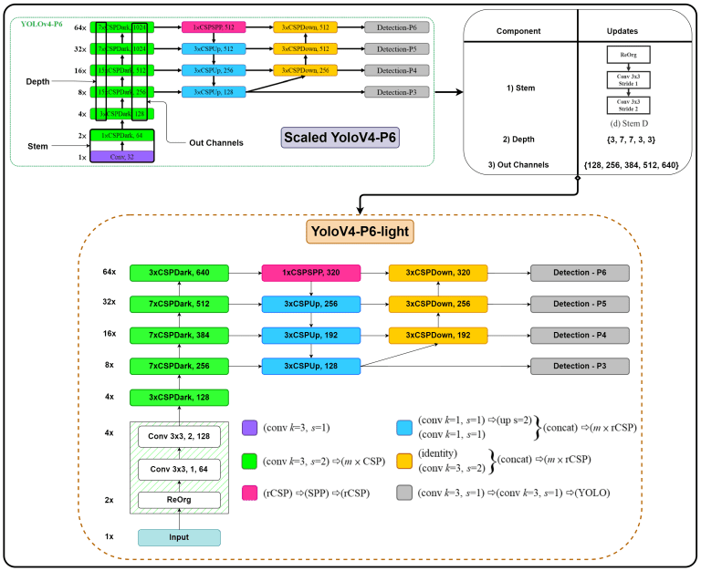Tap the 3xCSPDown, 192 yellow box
pyautogui.click(x=438, y=335)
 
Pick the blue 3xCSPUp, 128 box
pyautogui.click(x=311, y=366)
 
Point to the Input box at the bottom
pyautogui.click(x=179, y=537)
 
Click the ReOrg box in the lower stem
pyautogui.click(x=179, y=500)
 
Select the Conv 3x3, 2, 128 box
pyautogui.click(x=179, y=437)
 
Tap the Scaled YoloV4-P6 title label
pyautogui.click(x=340, y=140)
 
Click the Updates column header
pyautogui.click(x=626, y=30)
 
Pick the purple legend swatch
pyautogui.click(x=250, y=425)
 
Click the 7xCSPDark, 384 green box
pyautogui.click(x=179, y=335)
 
